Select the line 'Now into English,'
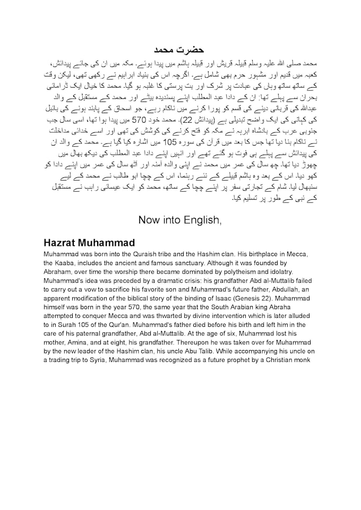click(x=180, y=219)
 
